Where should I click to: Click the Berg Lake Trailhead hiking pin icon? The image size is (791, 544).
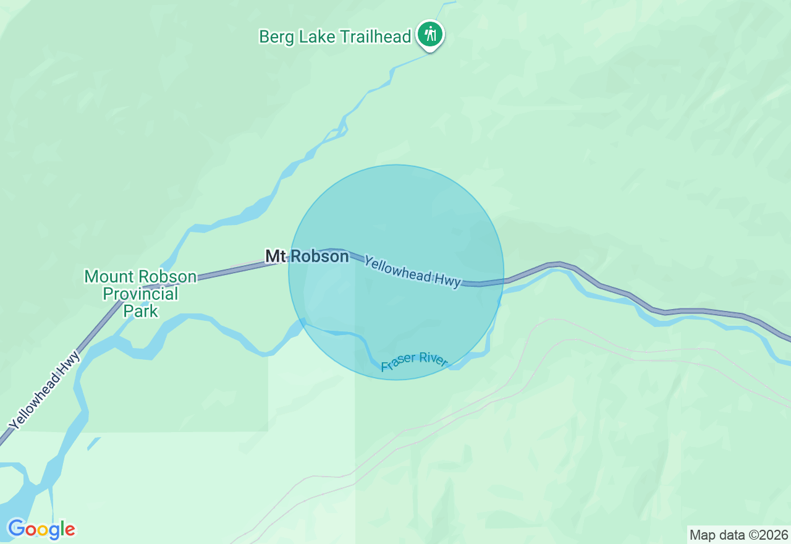pos(429,33)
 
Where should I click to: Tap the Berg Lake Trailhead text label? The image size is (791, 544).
pos(335,37)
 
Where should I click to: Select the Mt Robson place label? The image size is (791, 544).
pos(307,256)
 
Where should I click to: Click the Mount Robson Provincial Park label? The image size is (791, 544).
pos(141,293)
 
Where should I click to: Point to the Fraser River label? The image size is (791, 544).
pos(414,362)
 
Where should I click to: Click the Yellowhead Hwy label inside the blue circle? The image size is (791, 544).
pos(412,272)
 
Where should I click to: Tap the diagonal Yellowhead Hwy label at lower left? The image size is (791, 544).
pos(44,391)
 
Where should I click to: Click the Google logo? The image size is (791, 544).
pos(41,529)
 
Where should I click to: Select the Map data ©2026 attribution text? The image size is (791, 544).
pos(738,535)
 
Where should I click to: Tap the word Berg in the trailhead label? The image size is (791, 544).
pos(276,37)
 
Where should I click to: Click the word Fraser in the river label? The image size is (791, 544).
pos(398,365)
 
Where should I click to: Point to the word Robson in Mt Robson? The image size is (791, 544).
pos(320,256)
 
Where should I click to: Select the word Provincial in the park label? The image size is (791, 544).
pos(141,293)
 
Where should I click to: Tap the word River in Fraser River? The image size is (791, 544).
pos(433,359)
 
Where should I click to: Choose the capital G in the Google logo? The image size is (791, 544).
pos(16,529)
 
